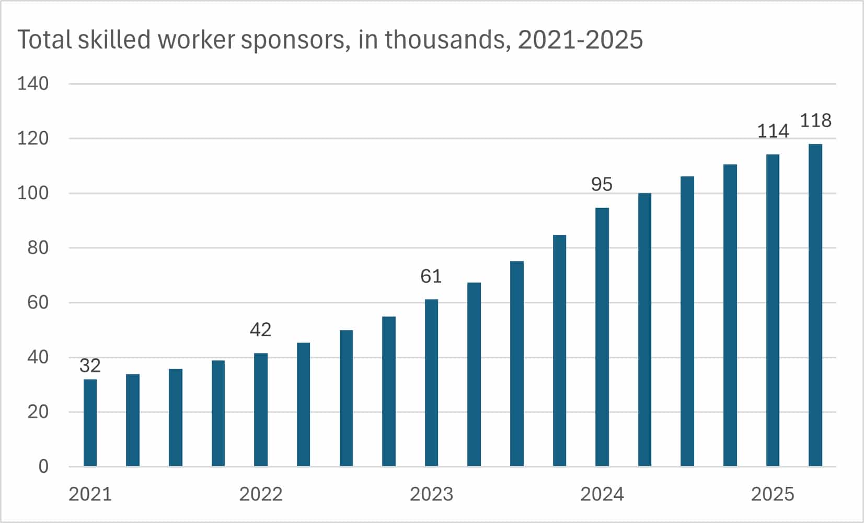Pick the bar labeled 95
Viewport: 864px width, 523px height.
(602, 337)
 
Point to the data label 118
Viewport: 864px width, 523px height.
(815, 121)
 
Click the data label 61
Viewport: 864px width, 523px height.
(431, 276)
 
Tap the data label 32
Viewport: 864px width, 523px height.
(90, 365)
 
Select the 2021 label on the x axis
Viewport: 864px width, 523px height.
(90, 494)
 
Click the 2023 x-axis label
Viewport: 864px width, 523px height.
(431, 494)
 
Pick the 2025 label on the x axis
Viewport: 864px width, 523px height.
(773, 494)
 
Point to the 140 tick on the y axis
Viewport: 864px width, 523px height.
(32, 84)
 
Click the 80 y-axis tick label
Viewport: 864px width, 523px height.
(38, 248)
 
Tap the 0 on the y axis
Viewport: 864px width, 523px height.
(43, 467)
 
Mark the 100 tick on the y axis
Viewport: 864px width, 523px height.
(32, 193)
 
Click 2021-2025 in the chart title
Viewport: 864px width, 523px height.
(580, 40)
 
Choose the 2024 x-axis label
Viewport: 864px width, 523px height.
(602, 494)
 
